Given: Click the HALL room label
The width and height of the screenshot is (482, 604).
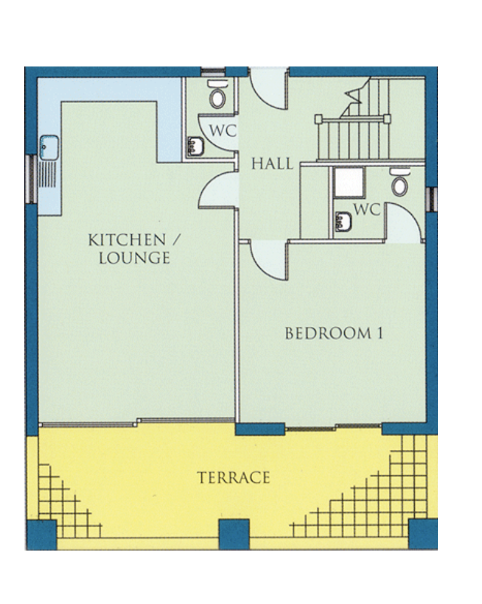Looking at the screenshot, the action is (x=272, y=163).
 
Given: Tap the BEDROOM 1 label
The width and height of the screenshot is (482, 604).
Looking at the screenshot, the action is (x=334, y=333).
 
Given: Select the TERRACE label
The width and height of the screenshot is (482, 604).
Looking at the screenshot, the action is (x=234, y=478).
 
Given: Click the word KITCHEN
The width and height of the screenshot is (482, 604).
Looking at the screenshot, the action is (x=127, y=240).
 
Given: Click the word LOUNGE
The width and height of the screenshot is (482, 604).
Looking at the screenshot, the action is (x=134, y=258).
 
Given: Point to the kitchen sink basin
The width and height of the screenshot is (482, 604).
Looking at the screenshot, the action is (x=49, y=147).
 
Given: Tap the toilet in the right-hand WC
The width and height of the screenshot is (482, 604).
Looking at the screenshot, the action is (x=399, y=182).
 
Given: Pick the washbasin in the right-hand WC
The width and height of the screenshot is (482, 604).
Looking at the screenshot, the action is (x=343, y=221).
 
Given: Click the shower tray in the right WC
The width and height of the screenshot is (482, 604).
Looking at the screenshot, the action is (x=348, y=183).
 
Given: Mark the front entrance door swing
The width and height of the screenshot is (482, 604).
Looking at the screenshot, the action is (x=269, y=88).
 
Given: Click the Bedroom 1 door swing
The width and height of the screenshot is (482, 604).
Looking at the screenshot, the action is (x=269, y=259).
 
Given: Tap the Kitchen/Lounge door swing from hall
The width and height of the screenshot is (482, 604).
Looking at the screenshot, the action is (x=219, y=191).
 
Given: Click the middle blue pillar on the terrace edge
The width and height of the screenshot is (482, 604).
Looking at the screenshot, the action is (x=234, y=534).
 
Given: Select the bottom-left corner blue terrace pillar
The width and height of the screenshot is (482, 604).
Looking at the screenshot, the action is (x=42, y=534).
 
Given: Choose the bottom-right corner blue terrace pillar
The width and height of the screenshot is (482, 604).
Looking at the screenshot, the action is (x=423, y=534).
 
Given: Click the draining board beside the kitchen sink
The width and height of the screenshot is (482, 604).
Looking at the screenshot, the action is (x=48, y=175).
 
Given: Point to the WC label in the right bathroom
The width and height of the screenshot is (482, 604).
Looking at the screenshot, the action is (x=367, y=209).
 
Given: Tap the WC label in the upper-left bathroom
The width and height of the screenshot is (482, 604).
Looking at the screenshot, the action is (x=222, y=130).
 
